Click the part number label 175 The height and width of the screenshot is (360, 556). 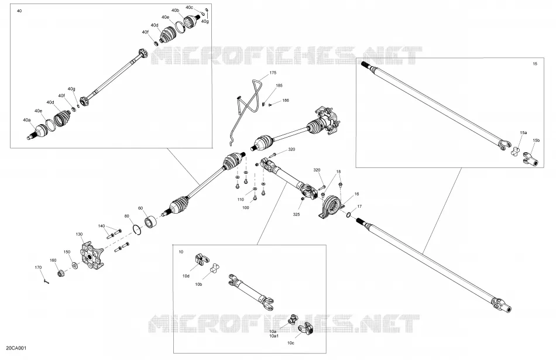[x=273, y=73]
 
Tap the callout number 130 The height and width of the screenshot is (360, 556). [x=79, y=234]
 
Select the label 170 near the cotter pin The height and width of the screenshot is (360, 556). [x=38, y=268]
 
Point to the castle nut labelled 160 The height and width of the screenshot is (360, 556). [x=61, y=273]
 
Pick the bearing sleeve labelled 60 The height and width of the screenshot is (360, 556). [x=150, y=222]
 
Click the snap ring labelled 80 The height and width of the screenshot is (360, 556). [x=138, y=229]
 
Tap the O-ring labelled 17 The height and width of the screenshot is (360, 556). [x=349, y=214]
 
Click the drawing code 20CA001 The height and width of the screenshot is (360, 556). [x=16, y=348]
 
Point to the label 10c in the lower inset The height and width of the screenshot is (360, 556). [x=290, y=343]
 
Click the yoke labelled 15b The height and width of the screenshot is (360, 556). [x=530, y=160]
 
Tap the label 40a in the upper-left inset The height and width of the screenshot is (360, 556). [x=26, y=120]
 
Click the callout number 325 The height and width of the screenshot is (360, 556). [x=296, y=214]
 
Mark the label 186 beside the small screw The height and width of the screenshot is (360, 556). [x=286, y=100]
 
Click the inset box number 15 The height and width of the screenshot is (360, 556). [x=535, y=64]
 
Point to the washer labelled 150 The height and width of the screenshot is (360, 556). [x=75, y=265]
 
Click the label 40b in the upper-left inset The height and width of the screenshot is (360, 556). [x=175, y=11]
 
